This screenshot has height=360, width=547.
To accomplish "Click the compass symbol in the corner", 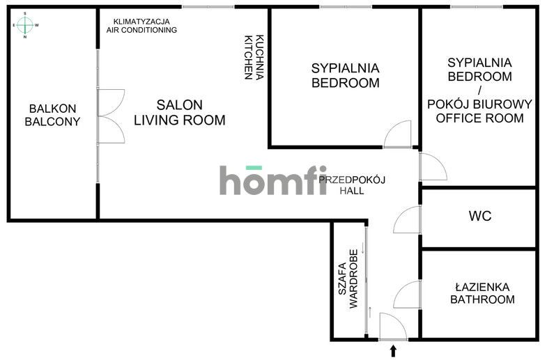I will click(x=25, y=25).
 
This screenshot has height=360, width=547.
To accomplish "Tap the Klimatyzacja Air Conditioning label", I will click(x=141, y=26).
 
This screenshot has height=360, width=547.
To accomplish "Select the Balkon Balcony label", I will click(x=52, y=115).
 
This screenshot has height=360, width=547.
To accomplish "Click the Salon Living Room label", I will click(x=180, y=113).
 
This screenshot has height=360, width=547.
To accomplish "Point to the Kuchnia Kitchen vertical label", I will click(x=254, y=57).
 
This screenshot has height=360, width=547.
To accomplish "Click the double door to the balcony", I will click(x=109, y=112).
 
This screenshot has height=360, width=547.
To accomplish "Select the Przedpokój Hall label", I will click(x=353, y=185).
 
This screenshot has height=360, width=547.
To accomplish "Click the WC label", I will click(x=479, y=216).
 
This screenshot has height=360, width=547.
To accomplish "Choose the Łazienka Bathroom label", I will click(x=481, y=293).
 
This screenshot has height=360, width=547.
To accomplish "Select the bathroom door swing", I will click(x=406, y=296).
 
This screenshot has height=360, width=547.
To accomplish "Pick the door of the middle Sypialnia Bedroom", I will click(x=398, y=135).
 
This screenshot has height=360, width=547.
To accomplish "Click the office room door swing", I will click(x=431, y=167).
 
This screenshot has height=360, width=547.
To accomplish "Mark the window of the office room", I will click(x=476, y=7).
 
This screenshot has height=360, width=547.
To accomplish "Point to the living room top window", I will click(x=208, y=7).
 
